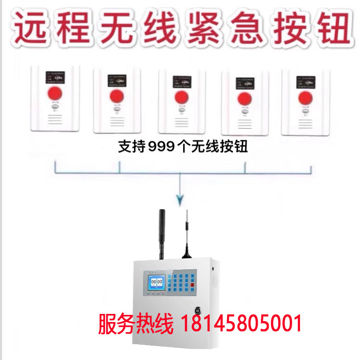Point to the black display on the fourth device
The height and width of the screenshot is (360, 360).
(244, 82)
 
